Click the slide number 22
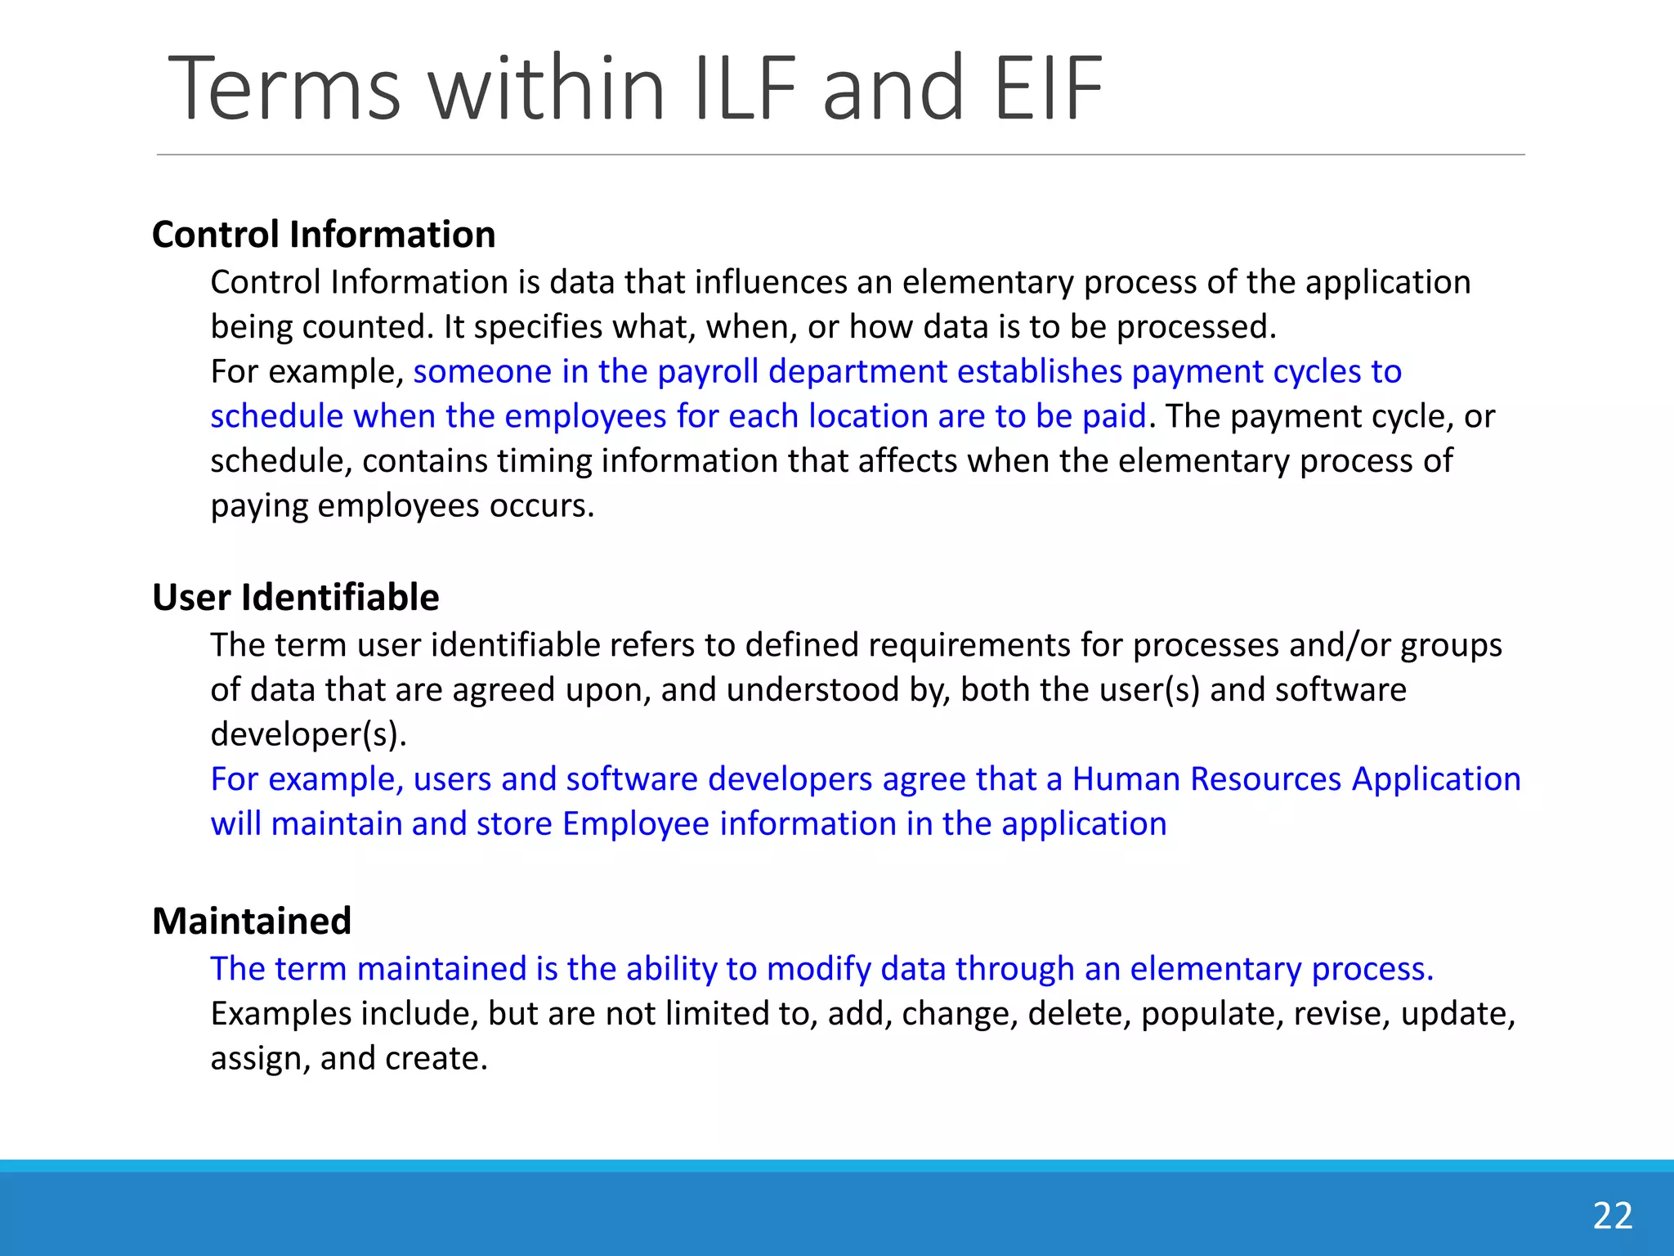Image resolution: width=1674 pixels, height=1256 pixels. tap(1612, 1216)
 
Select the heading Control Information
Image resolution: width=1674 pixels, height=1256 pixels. tap(324, 235)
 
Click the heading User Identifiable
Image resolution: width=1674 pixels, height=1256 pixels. tap(295, 598)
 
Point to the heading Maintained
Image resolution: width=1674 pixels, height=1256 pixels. tap(252, 922)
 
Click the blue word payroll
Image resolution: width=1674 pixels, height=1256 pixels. tap(708, 372)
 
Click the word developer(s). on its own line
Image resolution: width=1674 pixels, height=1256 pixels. tap(308, 734)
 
